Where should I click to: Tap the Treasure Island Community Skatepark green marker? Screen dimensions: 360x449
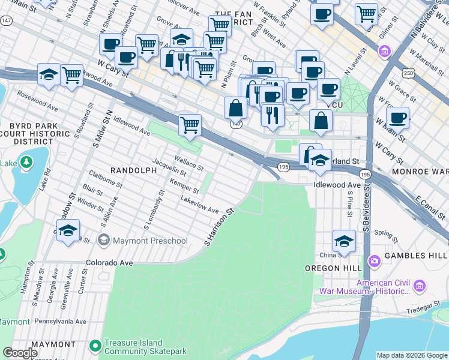coord(95,346)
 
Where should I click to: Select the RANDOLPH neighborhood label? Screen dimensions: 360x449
coord(133,170)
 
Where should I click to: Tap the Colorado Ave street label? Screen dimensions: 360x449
coord(109,263)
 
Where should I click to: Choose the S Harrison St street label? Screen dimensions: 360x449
coord(218,227)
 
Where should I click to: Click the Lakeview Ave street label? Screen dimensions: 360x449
coord(200,205)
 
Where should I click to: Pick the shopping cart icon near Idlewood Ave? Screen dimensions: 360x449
coord(190,125)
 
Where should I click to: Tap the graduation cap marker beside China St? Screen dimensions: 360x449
coord(344,241)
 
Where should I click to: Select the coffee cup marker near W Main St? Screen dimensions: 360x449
coord(397,118)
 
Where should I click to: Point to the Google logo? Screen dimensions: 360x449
coord(20,353)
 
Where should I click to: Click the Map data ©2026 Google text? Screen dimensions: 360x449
coord(412,355)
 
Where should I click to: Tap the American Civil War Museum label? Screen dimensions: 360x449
coord(390,287)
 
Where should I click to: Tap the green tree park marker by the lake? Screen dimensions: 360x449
coord(26,162)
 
